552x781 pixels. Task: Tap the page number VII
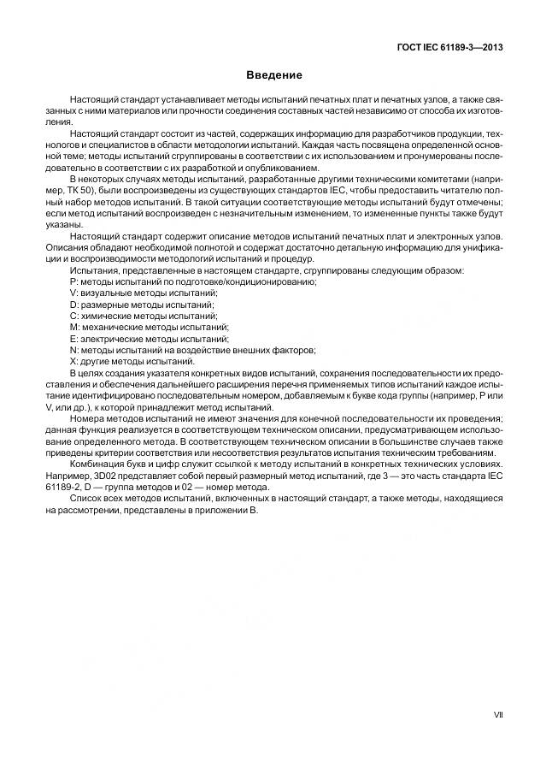tap(498, 713)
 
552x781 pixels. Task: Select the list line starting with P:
tap(193, 281)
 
